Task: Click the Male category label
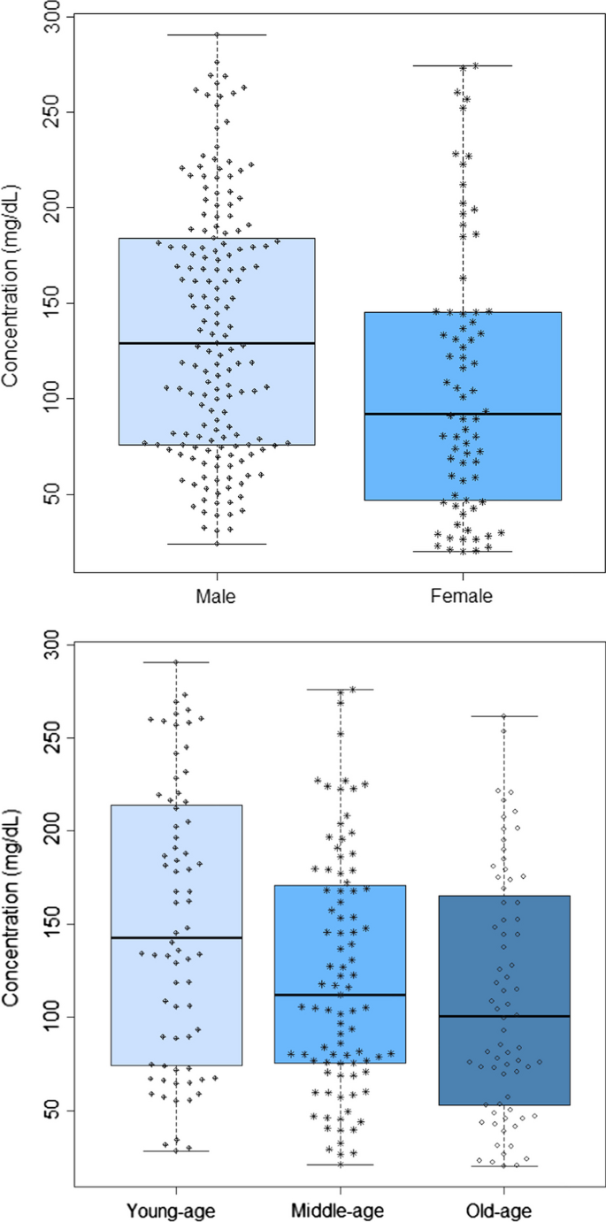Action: [217, 597]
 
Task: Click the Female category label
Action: [461, 597]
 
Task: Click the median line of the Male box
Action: [217, 343]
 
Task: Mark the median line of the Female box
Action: [461, 414]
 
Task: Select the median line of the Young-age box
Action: [176, 937]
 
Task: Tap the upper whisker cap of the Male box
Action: [217, 34]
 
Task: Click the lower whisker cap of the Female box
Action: [461, 552]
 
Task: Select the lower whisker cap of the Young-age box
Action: [176, 1151]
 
